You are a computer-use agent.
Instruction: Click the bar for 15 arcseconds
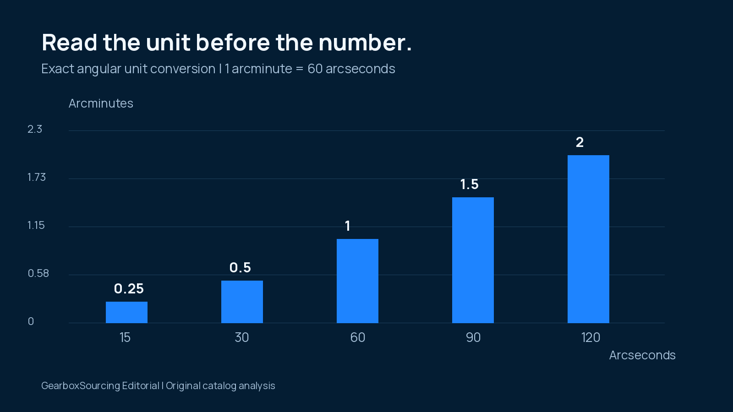[x=126, y=312]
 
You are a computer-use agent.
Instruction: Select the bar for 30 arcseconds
[x=242, y=302]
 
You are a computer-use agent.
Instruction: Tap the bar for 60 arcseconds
[x=357, y=281]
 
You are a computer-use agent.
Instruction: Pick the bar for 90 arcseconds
[x=473, y=260]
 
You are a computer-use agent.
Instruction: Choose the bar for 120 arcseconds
[x=588, y=239]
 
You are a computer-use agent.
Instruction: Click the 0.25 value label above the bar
[x=129, y=289]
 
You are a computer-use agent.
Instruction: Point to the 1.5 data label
[x=469, y=184]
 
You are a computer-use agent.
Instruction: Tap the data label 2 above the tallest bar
[x=580, y=142]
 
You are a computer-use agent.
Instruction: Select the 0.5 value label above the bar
[x=240, y=268]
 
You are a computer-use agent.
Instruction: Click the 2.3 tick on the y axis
[x=35, y=129]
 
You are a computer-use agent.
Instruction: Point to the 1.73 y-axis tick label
[x=36, y=177]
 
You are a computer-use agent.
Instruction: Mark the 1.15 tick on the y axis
[x=36, y=225]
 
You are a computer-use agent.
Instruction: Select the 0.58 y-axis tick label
[x=38, y=273]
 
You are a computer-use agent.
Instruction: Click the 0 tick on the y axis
[x=31, y=321]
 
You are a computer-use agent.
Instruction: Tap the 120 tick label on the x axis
[x=591, y=337]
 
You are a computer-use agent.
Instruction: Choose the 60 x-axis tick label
[x=358, y=337]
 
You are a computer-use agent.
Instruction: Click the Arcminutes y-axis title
[x=101, y=103]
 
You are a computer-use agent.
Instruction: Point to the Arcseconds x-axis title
[x=642, y=355]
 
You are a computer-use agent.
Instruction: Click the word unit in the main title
[x=168, y=43]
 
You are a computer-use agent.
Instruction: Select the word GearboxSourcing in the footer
[x=81, y=386]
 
